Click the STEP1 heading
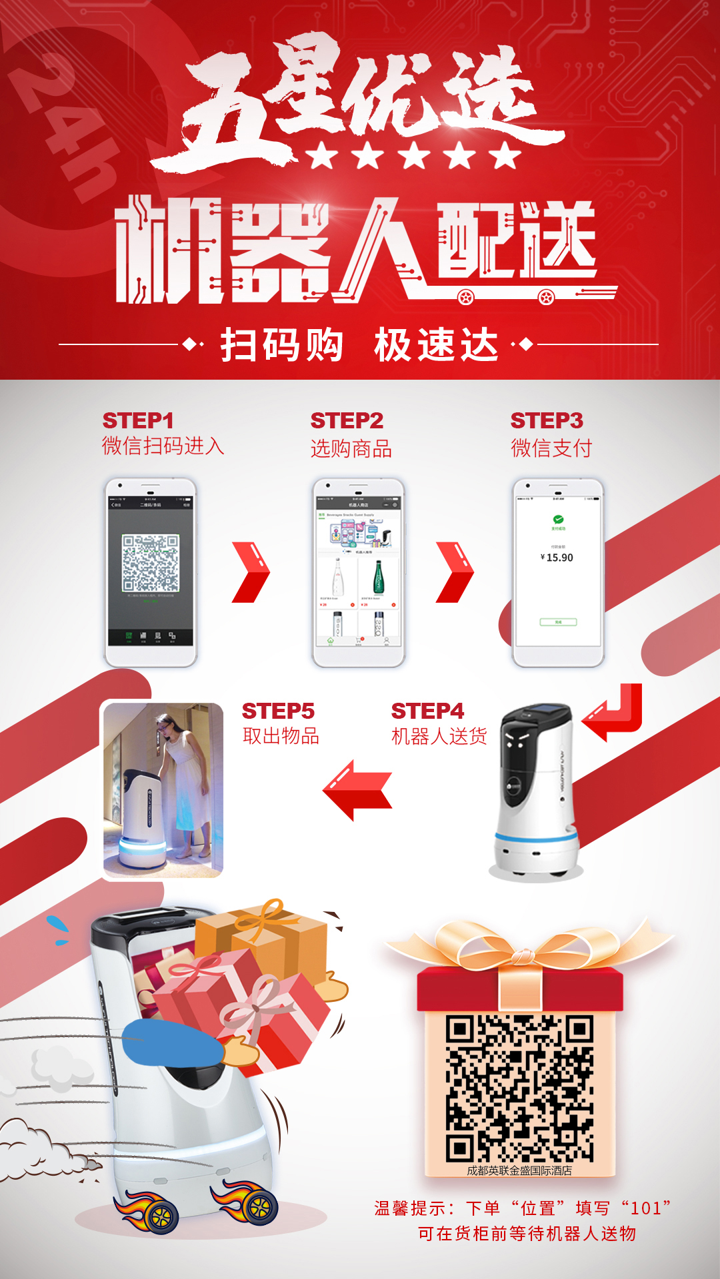pyautogui.click(x=138, y=421)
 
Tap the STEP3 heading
pyautogui.click(x=547, y=421)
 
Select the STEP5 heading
pyautogui.click(x=278, y=711)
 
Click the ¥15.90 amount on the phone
pyautogui.click(x=557, y=558)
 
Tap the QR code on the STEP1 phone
pyautogui.click(x=151, y=564)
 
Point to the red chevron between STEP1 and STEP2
pyautogui.click(x=251, y=573)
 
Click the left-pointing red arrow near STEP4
pyautogui.click(x=357, y=790)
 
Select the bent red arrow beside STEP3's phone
pyautogui.click(x=615, y=713)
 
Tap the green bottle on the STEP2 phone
pyautogui.click(x=378, y=577)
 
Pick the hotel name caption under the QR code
pyautogui.click(x=519, y=1170)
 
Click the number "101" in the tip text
pyautogui.click(x=645, y=1208)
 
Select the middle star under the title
pyautogui.click(x=415, y=156)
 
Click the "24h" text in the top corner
pyautogui.click(x=67, y=127)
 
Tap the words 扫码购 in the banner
pyautogui.click(x=281, y=345)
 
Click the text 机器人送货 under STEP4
pyautogui.click(x=439, y=737)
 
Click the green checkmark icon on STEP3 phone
pyautogui.click(x=558, y=520)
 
